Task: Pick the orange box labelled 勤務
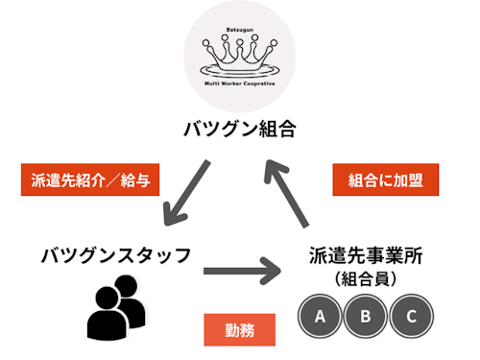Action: click(x=240, y=329)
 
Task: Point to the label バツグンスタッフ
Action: click(x=116, y=255)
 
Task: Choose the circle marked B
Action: click(x=366, y=314)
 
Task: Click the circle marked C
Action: click(x=411, y=314)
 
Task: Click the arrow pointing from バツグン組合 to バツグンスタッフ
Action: click(x=187, y=193)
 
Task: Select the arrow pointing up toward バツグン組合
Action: click(x=288, y=190)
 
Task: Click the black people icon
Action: click(x=116, y=306)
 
